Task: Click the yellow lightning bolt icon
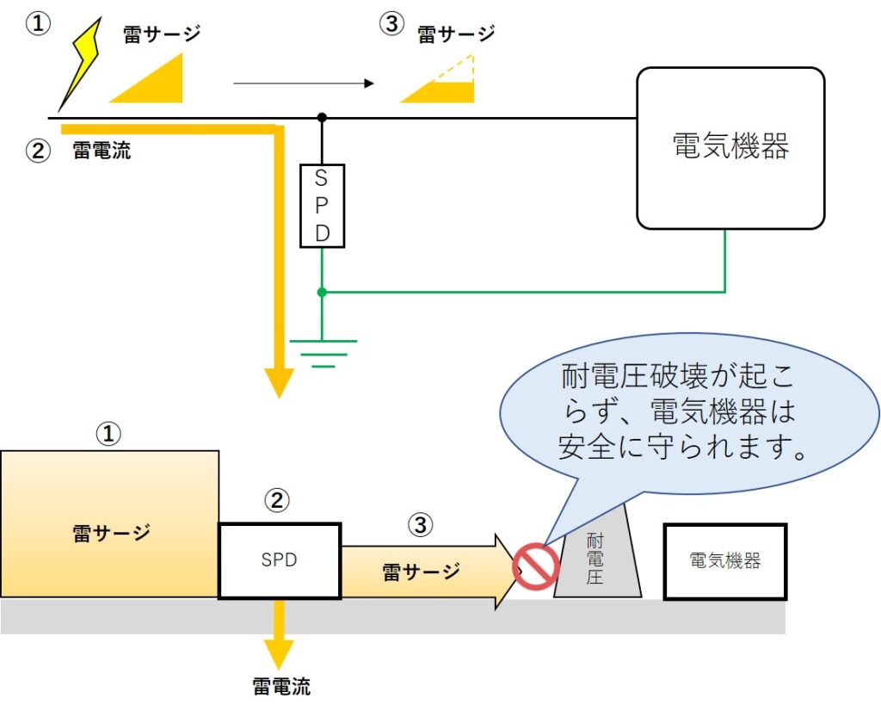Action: pos(80,65)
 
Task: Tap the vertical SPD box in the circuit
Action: pos(322,206)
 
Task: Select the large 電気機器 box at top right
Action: pos(730,148)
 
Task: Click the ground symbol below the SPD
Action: pos(323,352)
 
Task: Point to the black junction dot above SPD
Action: pos(322,116)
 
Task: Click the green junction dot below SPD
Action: pos(322,292)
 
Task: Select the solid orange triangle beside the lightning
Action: pos(155,83)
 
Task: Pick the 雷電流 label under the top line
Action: pos(102,151)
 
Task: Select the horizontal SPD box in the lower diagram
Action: pos(280,560)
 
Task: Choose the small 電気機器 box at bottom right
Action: pos(724,561)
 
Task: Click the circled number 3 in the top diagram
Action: pos(391,24)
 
